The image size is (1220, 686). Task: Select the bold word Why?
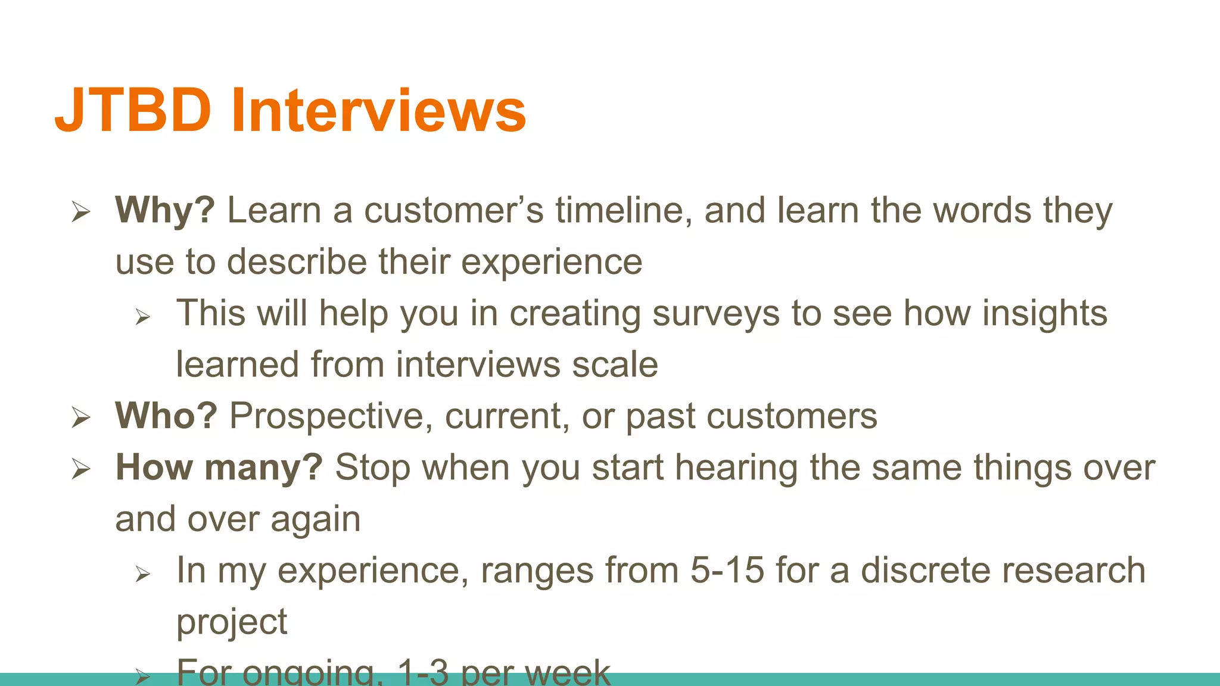click(x=164, y=210)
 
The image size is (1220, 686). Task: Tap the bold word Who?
click(x=166, y=416)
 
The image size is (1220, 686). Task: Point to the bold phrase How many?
click(x=219, y=467)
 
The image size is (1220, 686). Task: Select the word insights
click(x=1044, y=313)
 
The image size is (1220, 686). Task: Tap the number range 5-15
click(x=727, y=570)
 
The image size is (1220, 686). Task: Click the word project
click(x=232, y=623)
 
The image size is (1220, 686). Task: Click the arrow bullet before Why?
click(x=80, y=211)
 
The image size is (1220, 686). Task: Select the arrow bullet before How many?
click(x=80, y=469)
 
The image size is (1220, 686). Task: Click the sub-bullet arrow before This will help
click(x=142, y=316)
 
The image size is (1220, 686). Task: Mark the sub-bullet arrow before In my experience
click(x=142, y=573)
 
